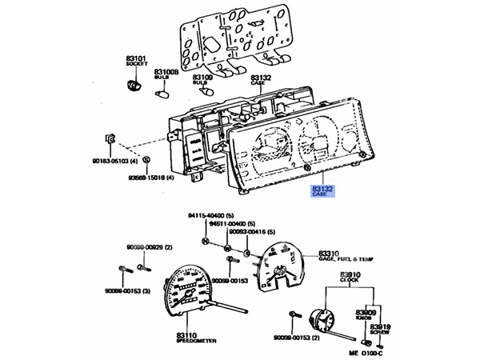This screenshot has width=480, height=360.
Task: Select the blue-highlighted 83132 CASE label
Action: (x=322, y=190)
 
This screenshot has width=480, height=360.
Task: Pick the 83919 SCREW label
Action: (x=380, y=328)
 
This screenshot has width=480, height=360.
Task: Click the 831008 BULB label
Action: (x=166, y=74)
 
